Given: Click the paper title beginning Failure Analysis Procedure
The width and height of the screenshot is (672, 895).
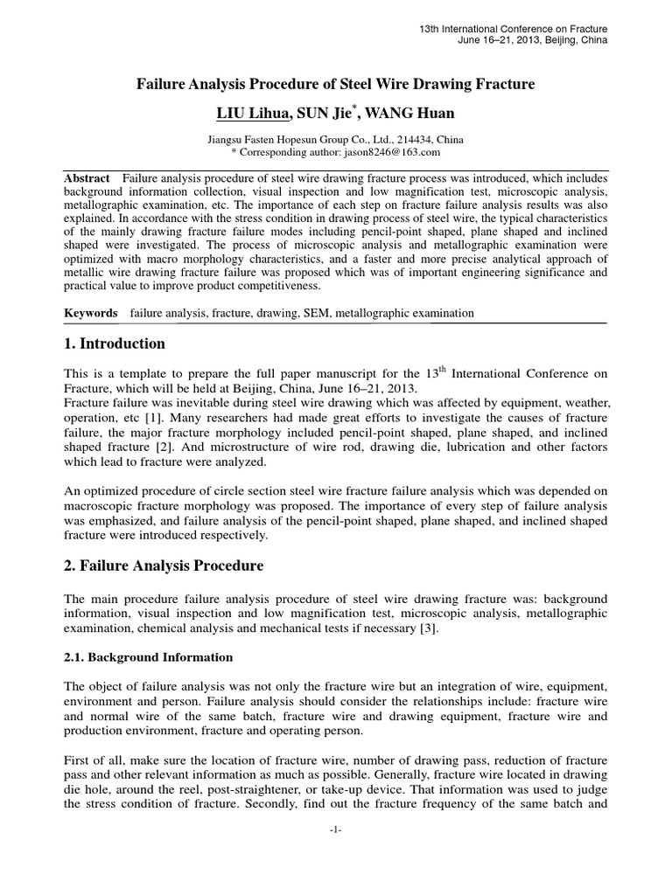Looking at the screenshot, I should (x=335, y=85).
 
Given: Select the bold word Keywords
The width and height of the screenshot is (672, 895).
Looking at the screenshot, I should (x=92, y=312).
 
